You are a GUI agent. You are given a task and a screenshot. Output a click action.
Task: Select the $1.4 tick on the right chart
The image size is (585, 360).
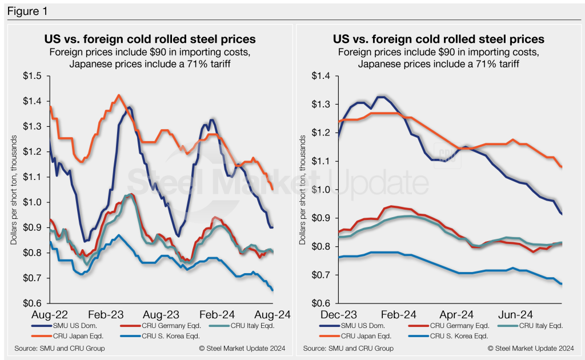pos(324,76)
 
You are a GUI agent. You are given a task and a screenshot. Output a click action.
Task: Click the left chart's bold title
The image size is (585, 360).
pos(150,39)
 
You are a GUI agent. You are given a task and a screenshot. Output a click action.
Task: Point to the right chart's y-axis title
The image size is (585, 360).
pos(302,189)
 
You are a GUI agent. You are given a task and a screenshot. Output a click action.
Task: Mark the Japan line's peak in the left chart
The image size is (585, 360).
pos(118,95)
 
